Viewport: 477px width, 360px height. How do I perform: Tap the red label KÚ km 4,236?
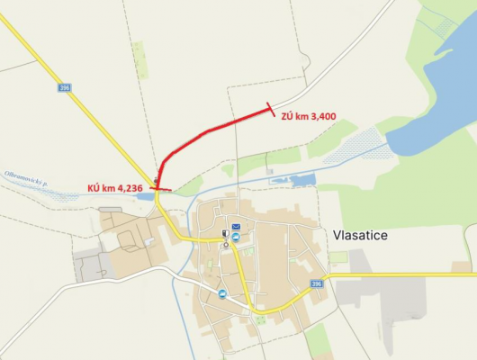(x=115, y=187)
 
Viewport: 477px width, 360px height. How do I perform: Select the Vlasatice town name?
(x=360, y=235)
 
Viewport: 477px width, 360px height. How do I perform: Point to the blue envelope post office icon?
(x=236, y=227)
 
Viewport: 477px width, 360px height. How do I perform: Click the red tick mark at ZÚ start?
(x=271, y=111)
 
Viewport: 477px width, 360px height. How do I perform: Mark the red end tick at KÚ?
(x=159, y=189)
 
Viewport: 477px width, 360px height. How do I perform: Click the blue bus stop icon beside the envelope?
(x=236, y=238)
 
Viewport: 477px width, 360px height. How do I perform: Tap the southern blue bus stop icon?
(x=221, y=292)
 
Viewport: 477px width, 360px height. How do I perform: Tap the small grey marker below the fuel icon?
(x=225, y=245)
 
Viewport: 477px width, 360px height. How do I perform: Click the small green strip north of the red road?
(x=139, y=58)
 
